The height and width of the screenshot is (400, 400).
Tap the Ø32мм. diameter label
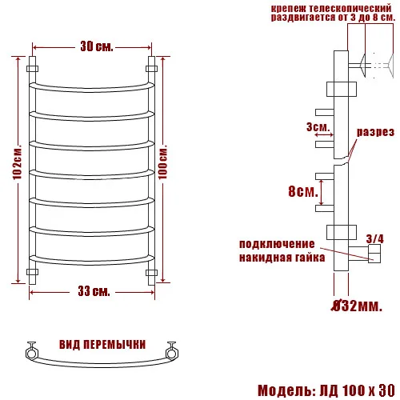point(356,305)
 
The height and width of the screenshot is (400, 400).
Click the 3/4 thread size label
point(374,238)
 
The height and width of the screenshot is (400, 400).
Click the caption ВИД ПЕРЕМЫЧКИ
point(102,344)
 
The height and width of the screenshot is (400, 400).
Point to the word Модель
point(286,390)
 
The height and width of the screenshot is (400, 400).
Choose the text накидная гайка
point(282,258)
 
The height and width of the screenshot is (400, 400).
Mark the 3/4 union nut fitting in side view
point(374,255)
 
